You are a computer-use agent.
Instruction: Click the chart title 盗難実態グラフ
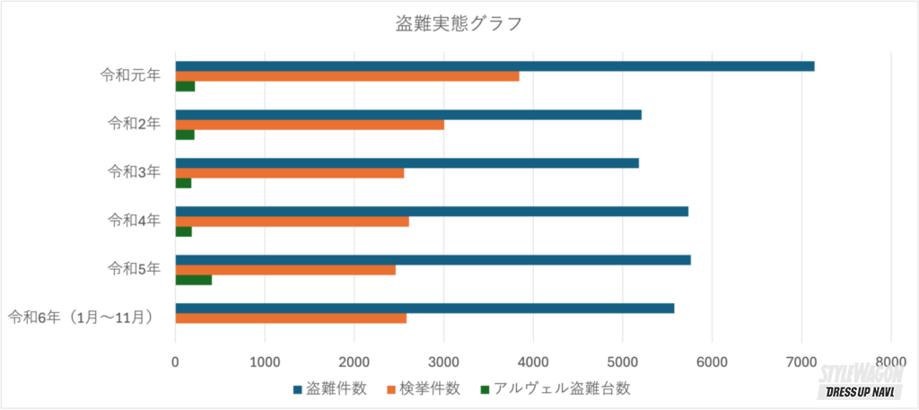pyautogui.click(x=459, y=23)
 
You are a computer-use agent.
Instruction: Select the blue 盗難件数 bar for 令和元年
pyautogui.click(x=495, y=65)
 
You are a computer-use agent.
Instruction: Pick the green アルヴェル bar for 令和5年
pyautogui.click(x=193, y=280)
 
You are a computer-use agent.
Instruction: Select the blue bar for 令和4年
pyautogui.click(x=432, y=211)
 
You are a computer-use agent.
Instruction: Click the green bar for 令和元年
pyautogui.click(x=185, y=86)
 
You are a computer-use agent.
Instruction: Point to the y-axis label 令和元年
pyautogui.click(x=130, y=75)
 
